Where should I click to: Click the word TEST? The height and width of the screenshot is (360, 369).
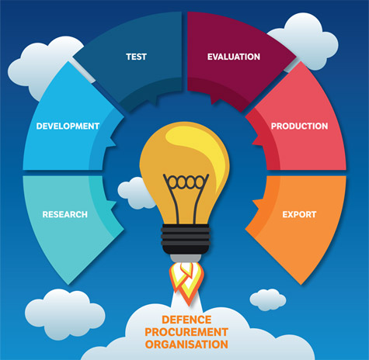136,57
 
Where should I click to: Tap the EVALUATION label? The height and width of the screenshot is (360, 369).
234,57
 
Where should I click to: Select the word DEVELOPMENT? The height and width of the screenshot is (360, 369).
68,126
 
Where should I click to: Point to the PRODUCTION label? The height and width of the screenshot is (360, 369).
299,126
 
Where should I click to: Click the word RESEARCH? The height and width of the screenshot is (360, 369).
65,214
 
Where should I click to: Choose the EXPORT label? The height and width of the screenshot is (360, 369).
299,214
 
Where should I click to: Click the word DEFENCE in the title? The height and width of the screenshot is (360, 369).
186,320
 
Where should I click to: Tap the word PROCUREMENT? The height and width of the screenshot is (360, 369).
186,332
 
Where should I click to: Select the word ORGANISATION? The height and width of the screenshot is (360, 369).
186,344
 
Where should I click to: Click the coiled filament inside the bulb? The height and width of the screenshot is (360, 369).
186,182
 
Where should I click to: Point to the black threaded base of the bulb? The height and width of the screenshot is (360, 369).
186,238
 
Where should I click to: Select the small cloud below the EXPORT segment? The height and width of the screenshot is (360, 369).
268,299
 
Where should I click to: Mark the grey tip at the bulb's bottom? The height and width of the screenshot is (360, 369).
186,258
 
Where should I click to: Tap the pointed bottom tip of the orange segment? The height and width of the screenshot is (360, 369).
301,284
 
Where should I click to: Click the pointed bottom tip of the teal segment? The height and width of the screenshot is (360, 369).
68,284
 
